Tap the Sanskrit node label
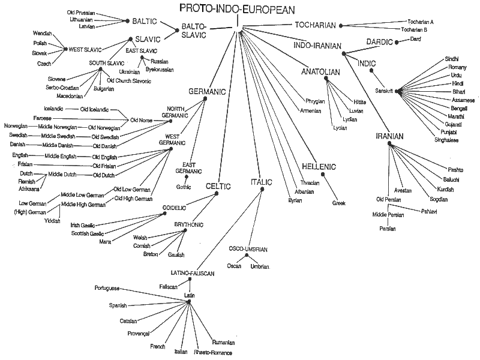click(x=383, y=91)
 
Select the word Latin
click(x=190, y=295)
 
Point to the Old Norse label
click(x=138, y=119)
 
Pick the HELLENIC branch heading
click(x=319, y=166)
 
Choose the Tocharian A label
click(x=421, y=21)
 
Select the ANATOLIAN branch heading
click(x=321, y=72)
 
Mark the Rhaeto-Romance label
click(x=212, y=353)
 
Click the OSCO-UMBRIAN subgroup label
click(x=248, y=248)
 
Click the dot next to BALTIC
click(x=160, y=21)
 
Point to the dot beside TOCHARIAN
click(x=341, y=25)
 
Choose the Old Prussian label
click(x=80, y=12)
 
